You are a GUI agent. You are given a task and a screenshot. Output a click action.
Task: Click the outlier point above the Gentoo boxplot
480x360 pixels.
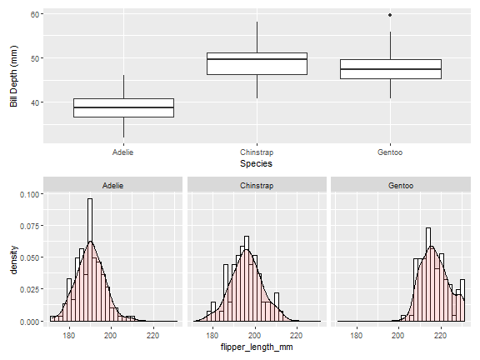click(x=390, y=15)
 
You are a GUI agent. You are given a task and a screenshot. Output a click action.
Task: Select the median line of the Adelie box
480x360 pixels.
click(x=123, y=107)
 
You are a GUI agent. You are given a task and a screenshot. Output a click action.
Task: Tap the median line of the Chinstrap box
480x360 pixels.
click(x=257, y=59)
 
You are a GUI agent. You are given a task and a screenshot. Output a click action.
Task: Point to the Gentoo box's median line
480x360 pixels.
click(x=391, y=69)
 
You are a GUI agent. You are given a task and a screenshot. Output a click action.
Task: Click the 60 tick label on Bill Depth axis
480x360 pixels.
click(x=35, y=14)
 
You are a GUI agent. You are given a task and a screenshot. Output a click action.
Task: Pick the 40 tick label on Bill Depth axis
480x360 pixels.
click(x=35, y=102)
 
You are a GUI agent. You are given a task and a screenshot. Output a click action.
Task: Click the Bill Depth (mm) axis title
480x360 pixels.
click(x=13, y=76)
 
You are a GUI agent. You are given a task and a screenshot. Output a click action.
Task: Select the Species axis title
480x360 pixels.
click(x=256, y=163)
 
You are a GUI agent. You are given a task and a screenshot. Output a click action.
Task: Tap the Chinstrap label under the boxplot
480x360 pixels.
click(x=257, y=152)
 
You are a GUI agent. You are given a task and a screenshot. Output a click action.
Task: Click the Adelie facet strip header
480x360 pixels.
click(x=113, y=185)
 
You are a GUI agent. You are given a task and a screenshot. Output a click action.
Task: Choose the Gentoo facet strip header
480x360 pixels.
click(x=401, y=185)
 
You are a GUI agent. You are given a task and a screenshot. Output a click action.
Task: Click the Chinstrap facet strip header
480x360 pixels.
click(x=257, y=185)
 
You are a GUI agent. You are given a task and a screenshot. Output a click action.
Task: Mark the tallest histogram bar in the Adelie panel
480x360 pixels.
click(x=90, y=260)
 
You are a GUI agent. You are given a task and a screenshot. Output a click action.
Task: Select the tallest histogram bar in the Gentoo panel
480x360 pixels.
click(x=428, y=274)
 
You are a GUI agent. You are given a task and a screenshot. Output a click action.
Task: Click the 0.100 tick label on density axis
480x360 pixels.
click(x=30, y=195)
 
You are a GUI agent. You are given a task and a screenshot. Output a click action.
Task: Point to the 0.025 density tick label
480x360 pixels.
click(x=30, y=289)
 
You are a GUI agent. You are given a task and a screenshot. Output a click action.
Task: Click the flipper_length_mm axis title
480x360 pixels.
click(x=257, y=347)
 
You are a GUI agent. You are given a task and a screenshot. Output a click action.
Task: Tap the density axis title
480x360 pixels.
click(x=13, y=260)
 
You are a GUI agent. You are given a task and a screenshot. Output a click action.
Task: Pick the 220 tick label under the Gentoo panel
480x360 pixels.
click(x=441, y=336)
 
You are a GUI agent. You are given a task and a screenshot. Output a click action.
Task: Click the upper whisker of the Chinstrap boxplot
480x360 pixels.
click(x=257, y=37)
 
